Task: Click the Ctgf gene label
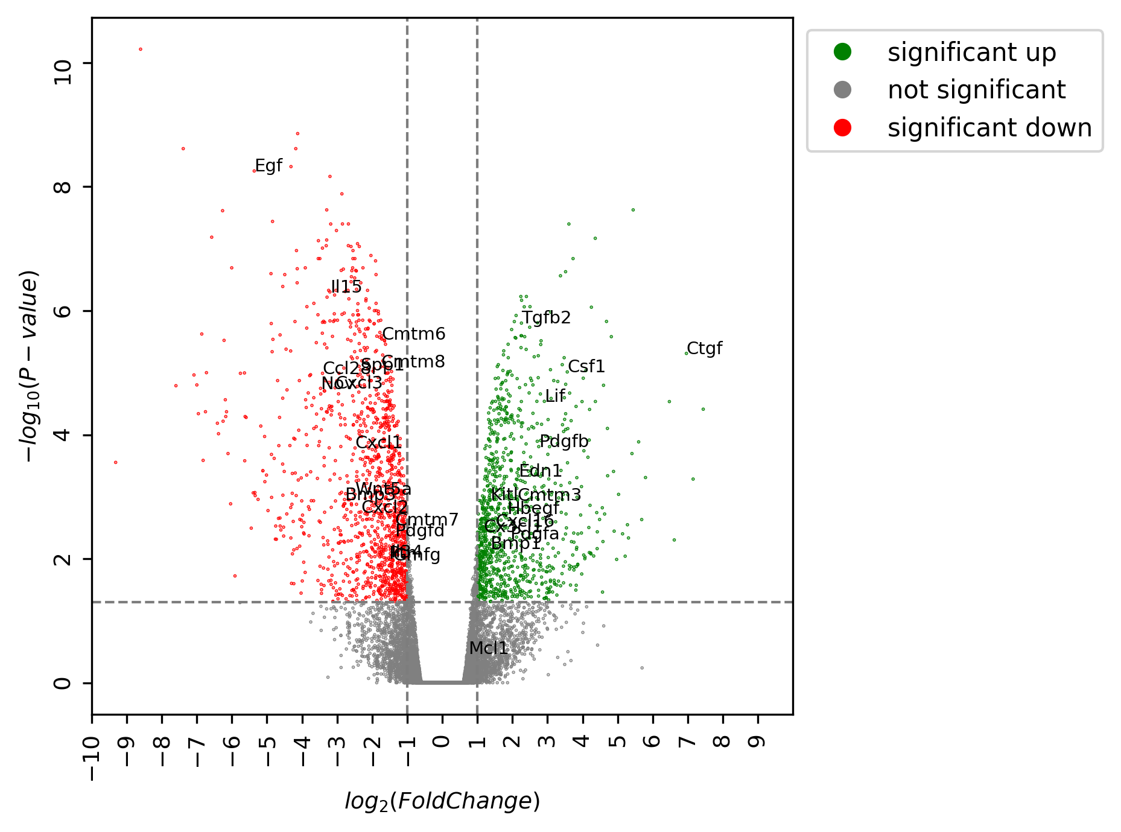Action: [x=704, y=349]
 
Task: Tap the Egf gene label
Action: [x=268, y=166]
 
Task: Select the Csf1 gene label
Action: [x=586, y=367]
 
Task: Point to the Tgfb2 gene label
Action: [x=546, y=317]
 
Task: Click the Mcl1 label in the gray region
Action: [x=488, y=648]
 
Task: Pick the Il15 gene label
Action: [x=346, y=287]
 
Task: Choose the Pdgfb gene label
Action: [x=563, y=442]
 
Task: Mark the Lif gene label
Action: [x=555, y=396]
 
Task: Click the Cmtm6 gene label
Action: [x=414, y=334]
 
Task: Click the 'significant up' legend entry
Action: [x=971, y=52]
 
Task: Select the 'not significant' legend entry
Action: [x=976, y=90]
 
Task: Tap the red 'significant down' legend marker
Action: [x=842, y=128]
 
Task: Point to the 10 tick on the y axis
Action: [x=62, y=63]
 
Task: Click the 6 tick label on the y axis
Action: [x=62, y=311]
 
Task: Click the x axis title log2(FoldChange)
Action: [x=442, y=801]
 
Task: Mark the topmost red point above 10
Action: [x=141, y=49]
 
